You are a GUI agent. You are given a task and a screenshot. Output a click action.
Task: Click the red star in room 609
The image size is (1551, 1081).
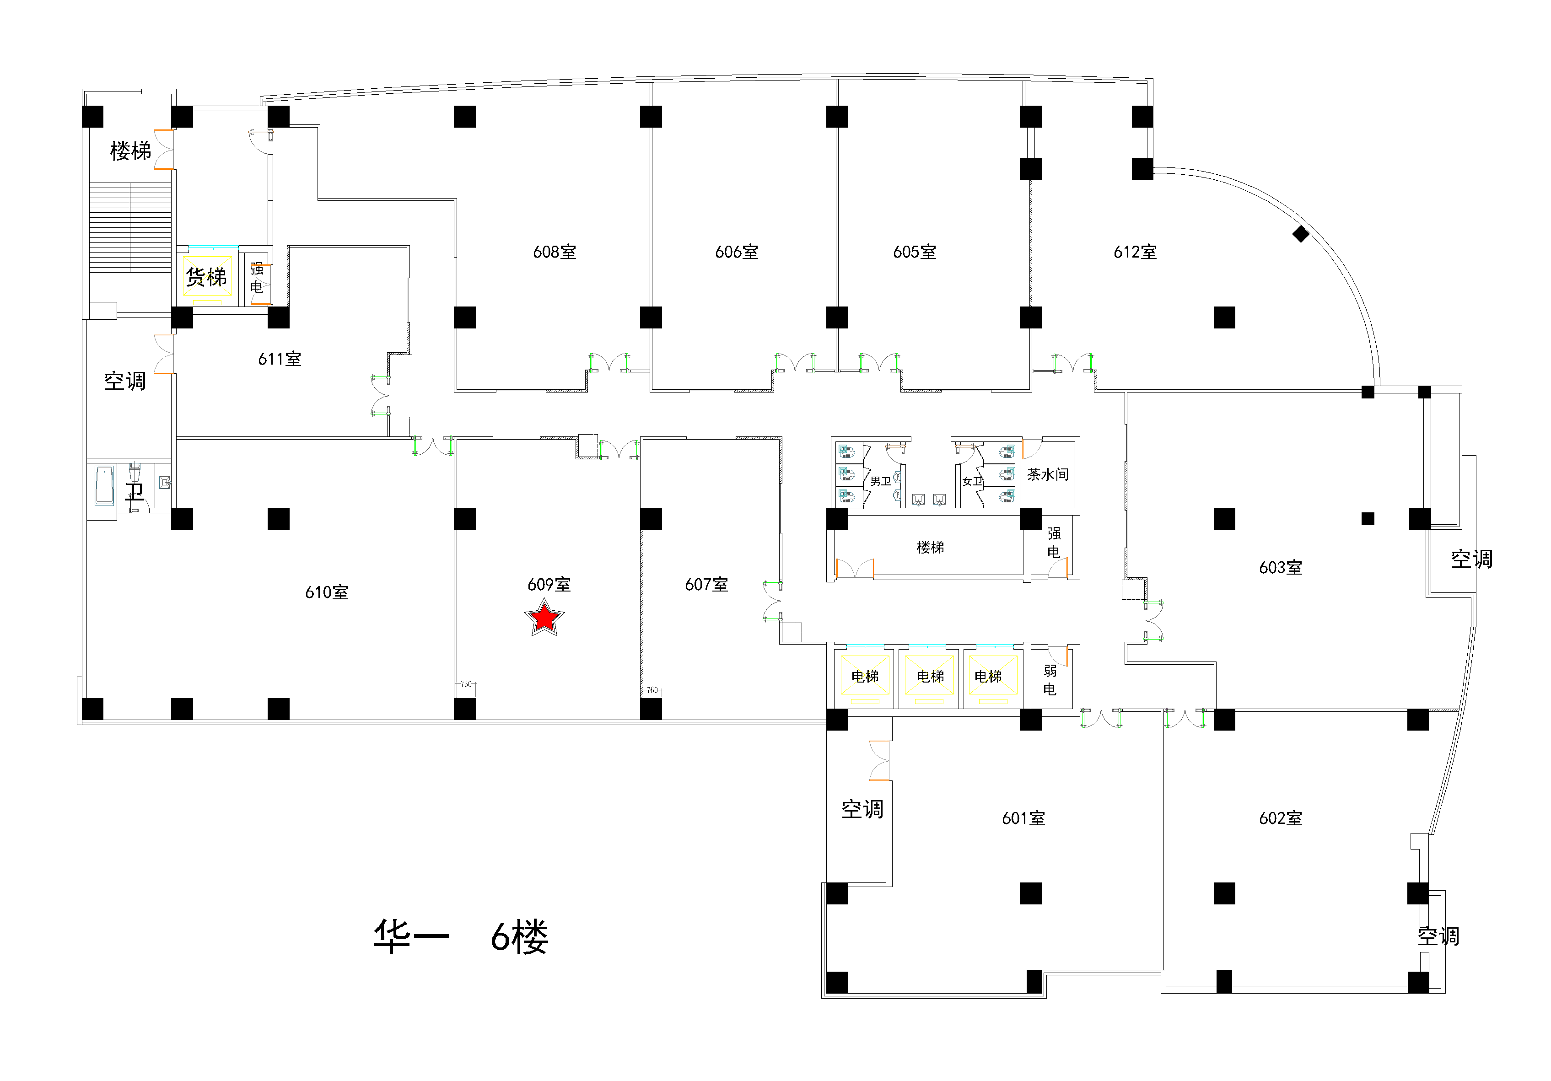(x=544, y=618)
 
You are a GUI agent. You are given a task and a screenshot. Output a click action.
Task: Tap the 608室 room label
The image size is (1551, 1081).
(x=555, y=252)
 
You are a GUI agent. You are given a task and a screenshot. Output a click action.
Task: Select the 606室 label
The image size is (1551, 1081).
(x=737, y=252)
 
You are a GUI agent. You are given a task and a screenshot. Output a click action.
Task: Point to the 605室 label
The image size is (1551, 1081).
(x=915, y=252)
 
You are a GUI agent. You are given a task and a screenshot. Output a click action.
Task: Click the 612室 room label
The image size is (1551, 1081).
(x=1136, y=252)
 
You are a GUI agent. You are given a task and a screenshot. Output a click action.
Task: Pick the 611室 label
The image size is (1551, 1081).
(x=280, y=359)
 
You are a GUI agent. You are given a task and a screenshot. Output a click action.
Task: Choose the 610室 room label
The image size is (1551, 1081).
(x=327, y=592)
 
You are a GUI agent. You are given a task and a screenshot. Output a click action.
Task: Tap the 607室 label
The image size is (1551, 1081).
(x=706, y=584)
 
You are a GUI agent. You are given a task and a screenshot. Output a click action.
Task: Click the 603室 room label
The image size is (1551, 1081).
(x=1281, y=568)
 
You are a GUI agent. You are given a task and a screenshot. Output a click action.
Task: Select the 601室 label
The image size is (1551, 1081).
(x=1023, y=818)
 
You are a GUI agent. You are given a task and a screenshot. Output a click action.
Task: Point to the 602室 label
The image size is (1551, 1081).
(x=1281, y=818)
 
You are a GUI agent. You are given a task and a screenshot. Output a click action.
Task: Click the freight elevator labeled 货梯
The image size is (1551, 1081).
(x=207, y=276)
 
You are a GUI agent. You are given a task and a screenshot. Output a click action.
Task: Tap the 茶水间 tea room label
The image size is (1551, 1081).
(x=1048, y=474)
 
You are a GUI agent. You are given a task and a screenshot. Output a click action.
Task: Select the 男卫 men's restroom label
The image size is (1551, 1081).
(x=880, y=481)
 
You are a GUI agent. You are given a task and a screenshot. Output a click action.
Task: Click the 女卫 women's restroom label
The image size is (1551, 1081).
(x=972, y=481)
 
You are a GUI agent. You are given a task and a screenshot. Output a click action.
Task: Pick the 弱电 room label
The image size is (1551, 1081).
(x=1050, y=680)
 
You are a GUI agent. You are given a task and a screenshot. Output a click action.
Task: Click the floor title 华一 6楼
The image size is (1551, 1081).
(x=461, y=937)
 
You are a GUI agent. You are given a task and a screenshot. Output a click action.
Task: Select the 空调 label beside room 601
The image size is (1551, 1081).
(x=862, y=809)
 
